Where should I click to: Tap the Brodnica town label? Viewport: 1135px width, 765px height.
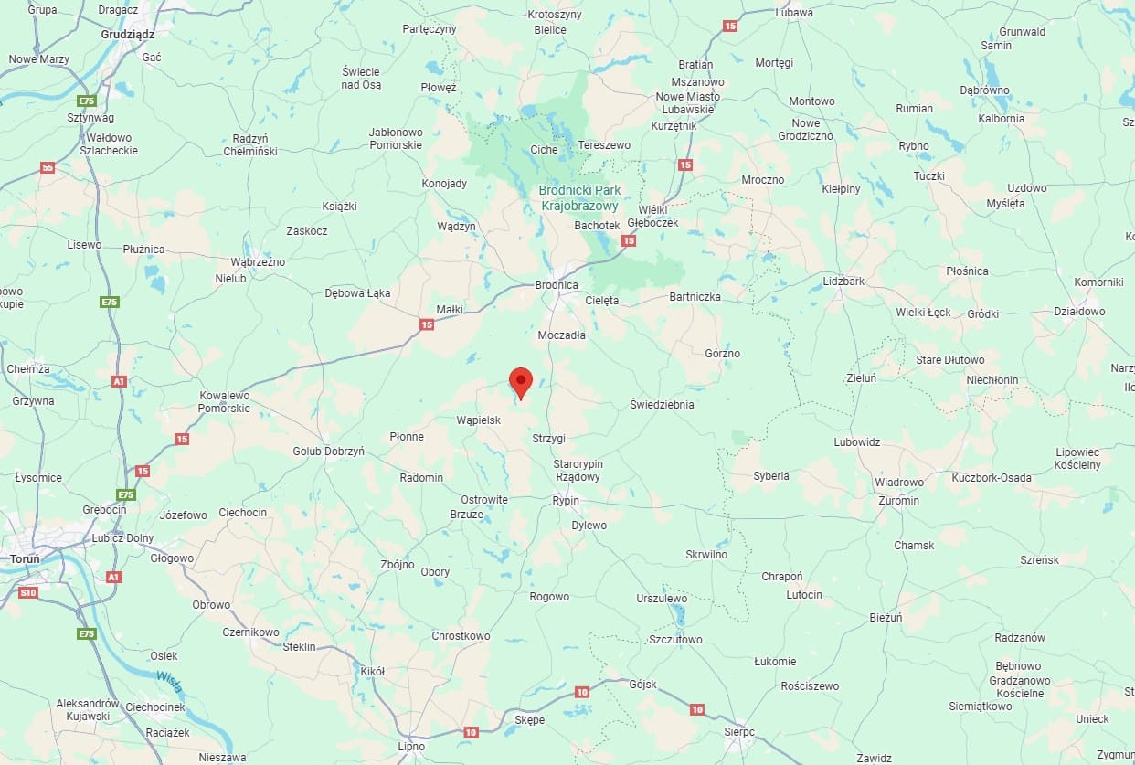pyautogui.click(x=557, y=285)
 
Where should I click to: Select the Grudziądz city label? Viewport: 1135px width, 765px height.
pyautogui.click(x=128, y=35)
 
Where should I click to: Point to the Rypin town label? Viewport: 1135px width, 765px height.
pyautogui.click(x=566, y=501)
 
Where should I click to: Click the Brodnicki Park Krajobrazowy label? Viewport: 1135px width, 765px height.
pyautogui.click(x=579, y=197)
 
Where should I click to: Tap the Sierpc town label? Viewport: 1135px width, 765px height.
pyautogui.click(x=738, y=732)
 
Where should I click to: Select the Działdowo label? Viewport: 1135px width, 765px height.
pyautogui.click(x=1079, y=312)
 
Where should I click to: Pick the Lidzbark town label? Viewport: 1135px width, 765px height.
pyautogui.click(x=843, y=282)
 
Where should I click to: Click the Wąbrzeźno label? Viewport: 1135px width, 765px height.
pyautogui.click(x=251, y=262)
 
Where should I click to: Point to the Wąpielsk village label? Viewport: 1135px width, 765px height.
pyautogui.click(x=478, y=420)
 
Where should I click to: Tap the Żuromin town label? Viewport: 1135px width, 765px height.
pyautogui.click(x=897, y=501)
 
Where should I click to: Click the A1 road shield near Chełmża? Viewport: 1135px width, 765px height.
pyautogui.click(x=119, y=381)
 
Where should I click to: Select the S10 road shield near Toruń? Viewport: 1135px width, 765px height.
pyautogui.click(x=28, y=593)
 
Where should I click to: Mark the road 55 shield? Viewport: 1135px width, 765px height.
pyautogui.click(x=48, y=168)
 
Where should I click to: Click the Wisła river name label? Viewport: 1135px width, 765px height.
pyautogui.click(x=169, y=679)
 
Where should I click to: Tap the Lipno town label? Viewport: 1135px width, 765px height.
pyautogui.click(x=411, y=747)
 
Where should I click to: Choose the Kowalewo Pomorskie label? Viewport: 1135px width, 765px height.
pyautogui.click(x=225, y=402)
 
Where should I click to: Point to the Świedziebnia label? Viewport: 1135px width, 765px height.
pyautogui.click(x=663, y=404)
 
